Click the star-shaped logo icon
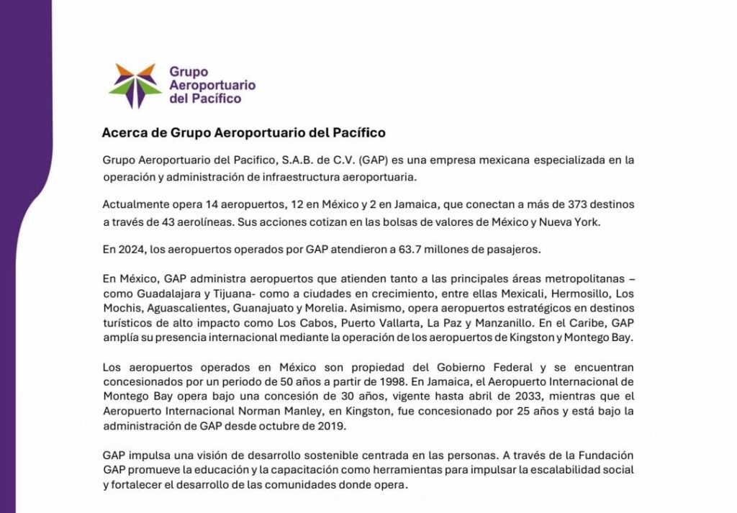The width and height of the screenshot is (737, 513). coord(135,85)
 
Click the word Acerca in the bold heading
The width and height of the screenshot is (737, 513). coord(122,133)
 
